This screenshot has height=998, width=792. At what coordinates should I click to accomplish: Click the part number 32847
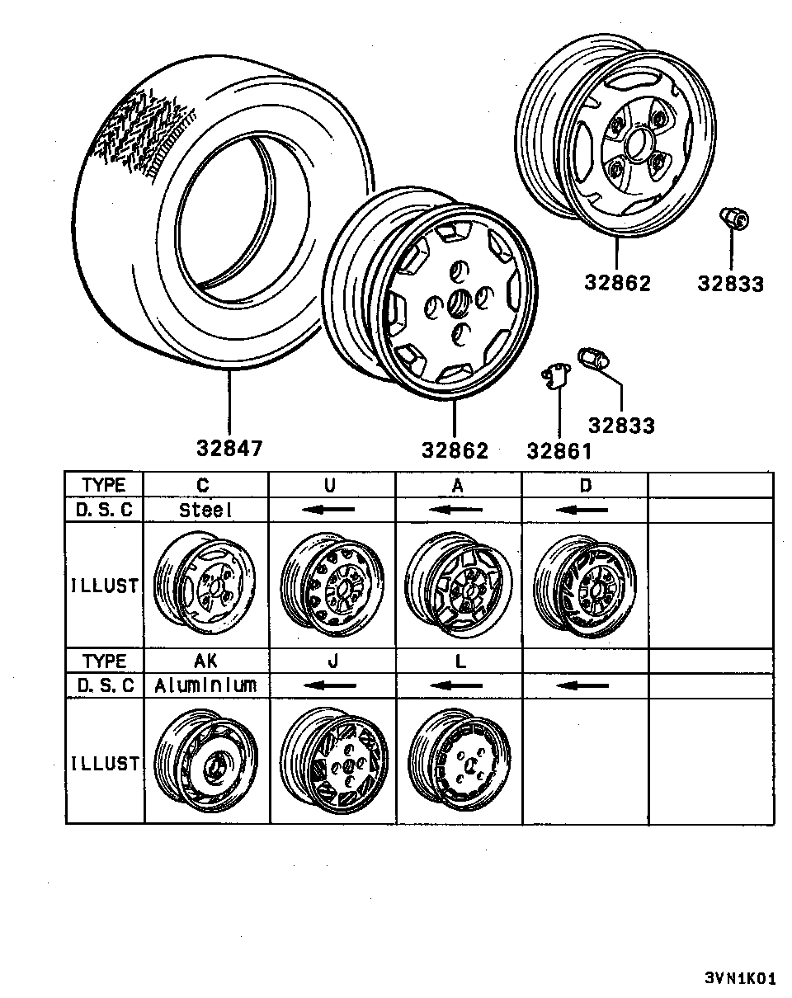click(x=229, y=449)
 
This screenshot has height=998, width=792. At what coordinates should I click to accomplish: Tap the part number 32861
click(x=559, y=451)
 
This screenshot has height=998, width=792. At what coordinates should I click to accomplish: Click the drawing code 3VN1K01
click(x=741, y=977)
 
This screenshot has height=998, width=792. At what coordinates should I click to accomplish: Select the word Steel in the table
click(x=205, y=510)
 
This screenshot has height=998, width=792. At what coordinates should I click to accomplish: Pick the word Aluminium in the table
click(x=205, y=685)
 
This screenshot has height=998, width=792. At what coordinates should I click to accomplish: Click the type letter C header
click(x=203, y=485)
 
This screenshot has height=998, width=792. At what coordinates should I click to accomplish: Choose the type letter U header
click(x=330, y=485)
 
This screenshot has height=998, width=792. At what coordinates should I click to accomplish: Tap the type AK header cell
click(x=206, y=661)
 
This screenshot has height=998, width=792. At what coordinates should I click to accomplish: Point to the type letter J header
click(x=332, y=661)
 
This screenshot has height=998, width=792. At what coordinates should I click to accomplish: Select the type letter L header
click(x=460, y=661)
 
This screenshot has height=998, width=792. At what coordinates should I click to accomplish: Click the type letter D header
click(x=586, y=485)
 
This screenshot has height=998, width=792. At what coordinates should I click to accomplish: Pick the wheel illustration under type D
click(x=585, y=586)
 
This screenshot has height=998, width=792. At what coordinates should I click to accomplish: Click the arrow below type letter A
click(x=456, y=510)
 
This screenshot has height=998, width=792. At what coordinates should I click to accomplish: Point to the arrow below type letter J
click(x=330, y=685)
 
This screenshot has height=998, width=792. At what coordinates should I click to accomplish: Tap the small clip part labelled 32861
click(x=556, y=376)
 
